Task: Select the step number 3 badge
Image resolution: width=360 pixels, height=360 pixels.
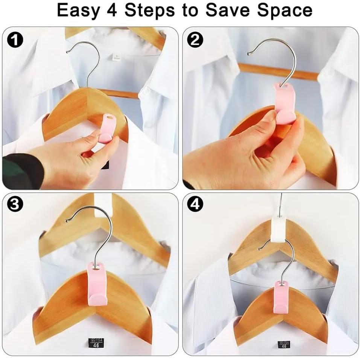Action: point(15,204)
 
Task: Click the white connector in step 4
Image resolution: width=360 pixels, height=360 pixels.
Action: point(279,229)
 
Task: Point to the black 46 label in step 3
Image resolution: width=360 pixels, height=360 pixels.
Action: point(96,343)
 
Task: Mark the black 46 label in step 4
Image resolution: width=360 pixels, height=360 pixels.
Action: point(284,344)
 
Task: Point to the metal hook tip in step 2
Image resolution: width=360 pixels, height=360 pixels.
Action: point(249,53)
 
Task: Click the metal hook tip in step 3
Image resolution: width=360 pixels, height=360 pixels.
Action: point(67,220)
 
